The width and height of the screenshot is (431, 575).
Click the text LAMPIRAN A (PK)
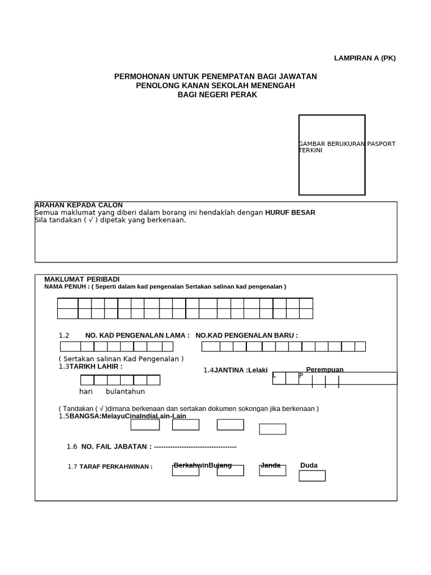coord(365,58)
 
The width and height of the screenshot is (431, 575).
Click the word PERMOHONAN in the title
coord(138,76)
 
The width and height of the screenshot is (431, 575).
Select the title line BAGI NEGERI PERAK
coord(217,95)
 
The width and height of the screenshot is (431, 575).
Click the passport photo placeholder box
coord(332,155)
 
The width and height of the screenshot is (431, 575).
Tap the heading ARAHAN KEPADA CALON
coord(79,205)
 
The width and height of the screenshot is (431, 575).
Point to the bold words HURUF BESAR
coord(290,212)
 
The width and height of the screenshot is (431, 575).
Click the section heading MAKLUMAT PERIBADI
coord(82,279)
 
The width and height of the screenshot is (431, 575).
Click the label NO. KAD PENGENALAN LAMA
coord(137,335)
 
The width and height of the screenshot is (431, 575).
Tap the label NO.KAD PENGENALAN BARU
coord(246,335)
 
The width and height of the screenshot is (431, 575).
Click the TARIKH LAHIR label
coord(96,366)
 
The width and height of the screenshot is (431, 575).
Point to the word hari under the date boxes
coord(86,391)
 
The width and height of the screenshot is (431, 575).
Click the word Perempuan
coord(324,369)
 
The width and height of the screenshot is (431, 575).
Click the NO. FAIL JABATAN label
coord(117,446)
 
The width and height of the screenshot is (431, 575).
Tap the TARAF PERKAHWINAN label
coord(116,467)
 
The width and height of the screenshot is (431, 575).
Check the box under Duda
coord(312,476)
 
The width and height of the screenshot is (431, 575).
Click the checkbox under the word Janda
coord(273,471)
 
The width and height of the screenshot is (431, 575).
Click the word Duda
coord(309,466)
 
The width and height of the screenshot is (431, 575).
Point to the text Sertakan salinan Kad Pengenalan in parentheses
coord(121,359)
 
